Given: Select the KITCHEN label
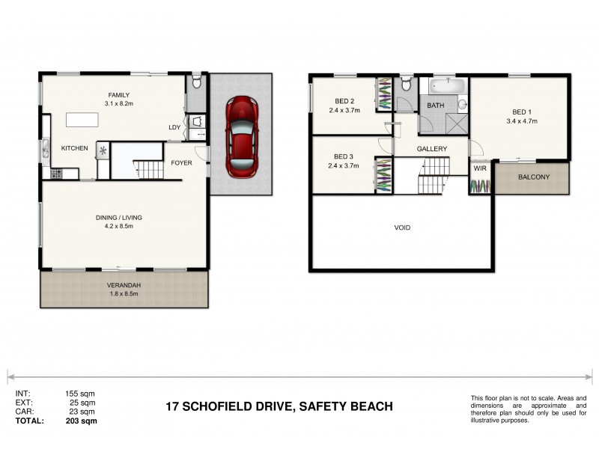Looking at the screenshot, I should coord(75,148).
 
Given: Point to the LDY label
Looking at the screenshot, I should coord(174,127).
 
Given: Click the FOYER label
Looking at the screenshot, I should coord(182,162).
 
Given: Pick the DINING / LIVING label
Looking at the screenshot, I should coord(118,218).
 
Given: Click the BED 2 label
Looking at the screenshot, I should coord(344,101).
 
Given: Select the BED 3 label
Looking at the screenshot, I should coord(344,157).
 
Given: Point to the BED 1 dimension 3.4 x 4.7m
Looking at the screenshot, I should coord(522,120).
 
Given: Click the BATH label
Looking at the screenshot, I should coord(435,106).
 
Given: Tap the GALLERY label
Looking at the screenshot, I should coord(432,149).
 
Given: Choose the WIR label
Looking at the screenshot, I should coord(479,168).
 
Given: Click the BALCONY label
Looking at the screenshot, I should coord(533,177).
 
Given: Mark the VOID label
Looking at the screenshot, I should coord(402,227).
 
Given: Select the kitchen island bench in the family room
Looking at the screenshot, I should coord(82,120).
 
